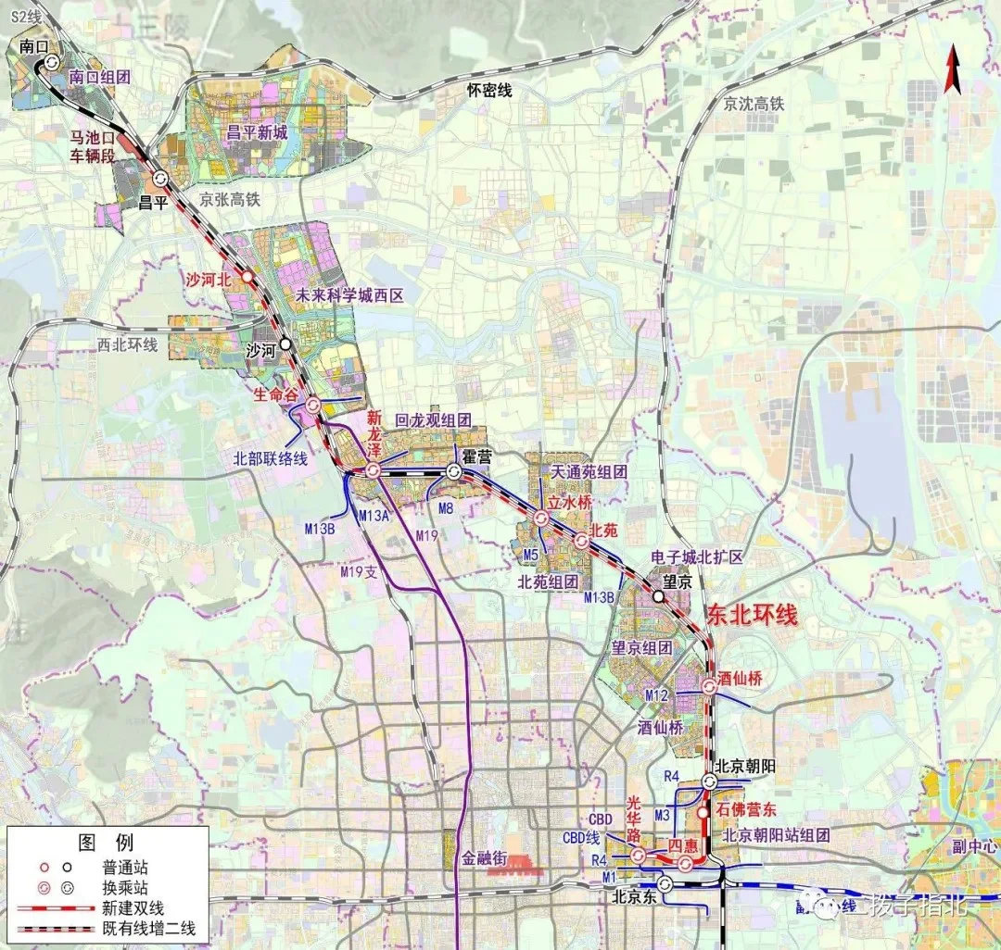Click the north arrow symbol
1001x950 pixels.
click(952, 72)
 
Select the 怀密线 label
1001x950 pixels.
click(489, 90)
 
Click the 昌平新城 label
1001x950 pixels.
click(257, 132)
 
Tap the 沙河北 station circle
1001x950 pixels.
click(247, 277)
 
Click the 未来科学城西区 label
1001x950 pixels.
click(349, 297)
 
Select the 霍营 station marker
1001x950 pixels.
click(454, 472)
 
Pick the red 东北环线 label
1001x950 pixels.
click(752, 615)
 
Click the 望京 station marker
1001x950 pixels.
click(657, 597)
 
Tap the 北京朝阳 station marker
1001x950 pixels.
click(709, 782)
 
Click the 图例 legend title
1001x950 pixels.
click(106, 843)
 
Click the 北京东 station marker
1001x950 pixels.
click(664, 884)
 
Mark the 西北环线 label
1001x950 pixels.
click(129, 345)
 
